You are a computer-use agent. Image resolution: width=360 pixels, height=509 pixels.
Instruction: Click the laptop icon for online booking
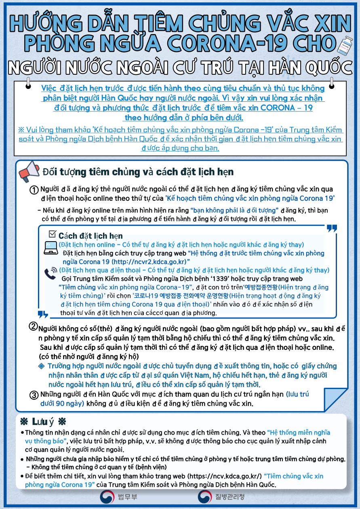51,247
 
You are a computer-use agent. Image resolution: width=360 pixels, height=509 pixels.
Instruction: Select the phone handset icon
51,273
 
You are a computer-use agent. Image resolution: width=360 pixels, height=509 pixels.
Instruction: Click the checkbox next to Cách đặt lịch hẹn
52,234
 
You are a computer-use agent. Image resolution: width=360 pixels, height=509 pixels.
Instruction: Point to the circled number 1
35,190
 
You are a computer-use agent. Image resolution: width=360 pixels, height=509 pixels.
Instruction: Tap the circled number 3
35,395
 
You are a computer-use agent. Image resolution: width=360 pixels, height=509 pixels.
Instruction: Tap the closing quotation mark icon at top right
331,229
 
